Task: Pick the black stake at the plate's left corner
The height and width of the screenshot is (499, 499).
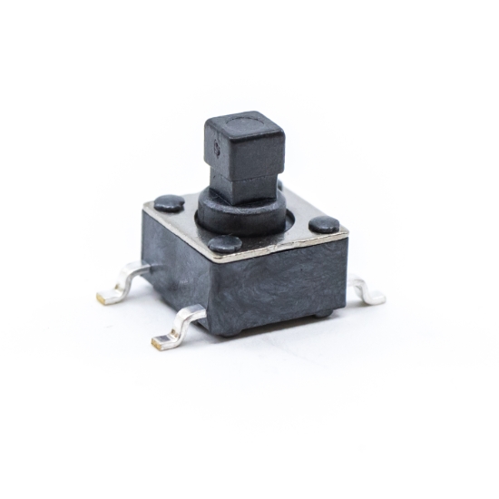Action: click(169, 203)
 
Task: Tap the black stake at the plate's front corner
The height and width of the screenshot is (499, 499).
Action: click(224, 243)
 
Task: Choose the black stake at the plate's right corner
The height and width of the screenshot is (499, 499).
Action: click(324, 224)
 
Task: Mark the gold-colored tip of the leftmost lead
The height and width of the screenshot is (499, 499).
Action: click(104, 298)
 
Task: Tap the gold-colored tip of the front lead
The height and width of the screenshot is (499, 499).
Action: click(161, 342)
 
